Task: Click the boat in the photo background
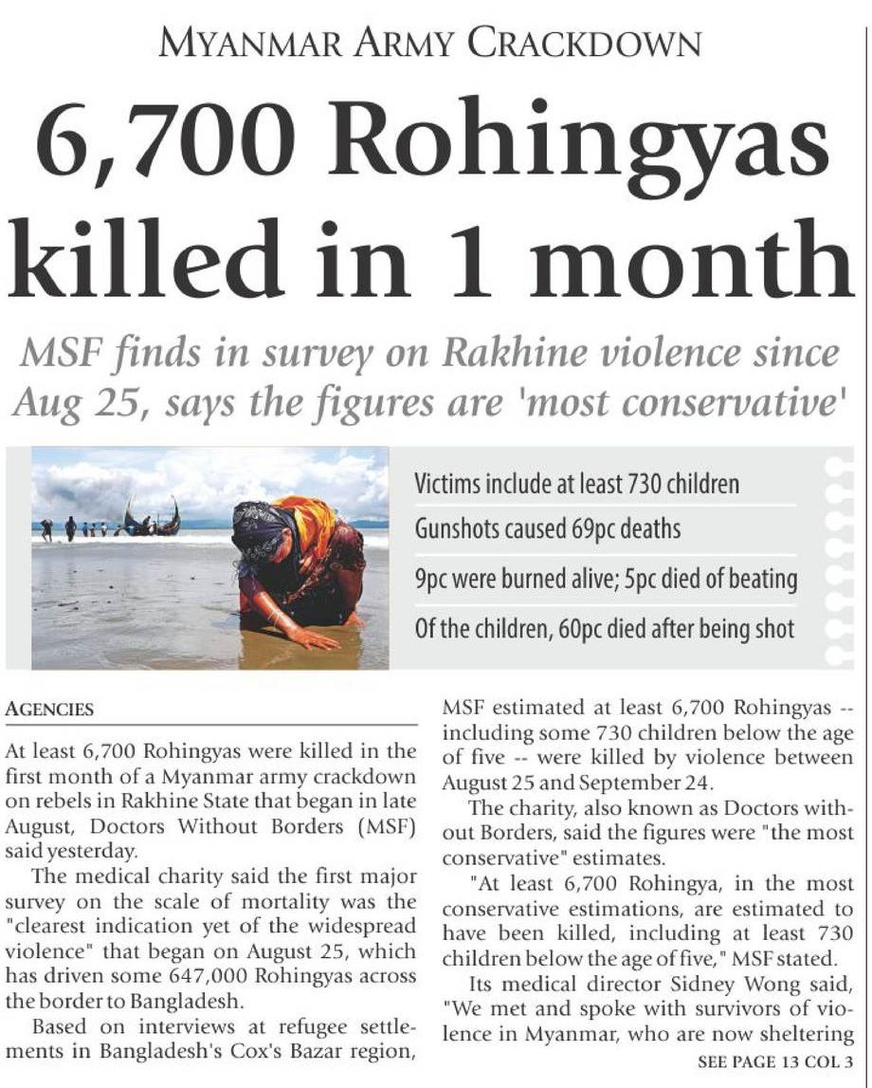(152, 519)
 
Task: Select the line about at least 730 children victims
(577, 484)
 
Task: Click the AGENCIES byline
(49, 710)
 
